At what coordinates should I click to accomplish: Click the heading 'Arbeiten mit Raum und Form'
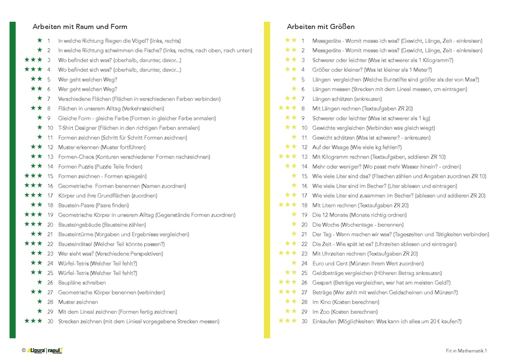click(80, 27)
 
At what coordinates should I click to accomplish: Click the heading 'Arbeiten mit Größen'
click(321, 27)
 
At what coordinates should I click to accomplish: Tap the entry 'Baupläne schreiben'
click(82, 282)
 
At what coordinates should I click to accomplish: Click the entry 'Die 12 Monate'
click(358, 215)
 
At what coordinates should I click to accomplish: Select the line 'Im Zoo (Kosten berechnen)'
click(345, 312)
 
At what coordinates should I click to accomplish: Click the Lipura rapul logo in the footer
click(45, 351)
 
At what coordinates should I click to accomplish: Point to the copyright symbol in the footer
click(23, 351)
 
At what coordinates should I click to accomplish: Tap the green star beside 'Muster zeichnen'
click(39, 302)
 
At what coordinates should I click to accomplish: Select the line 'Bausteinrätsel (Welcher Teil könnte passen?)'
click(111, 244)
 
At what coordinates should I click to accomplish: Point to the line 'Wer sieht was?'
click(110, 254)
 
